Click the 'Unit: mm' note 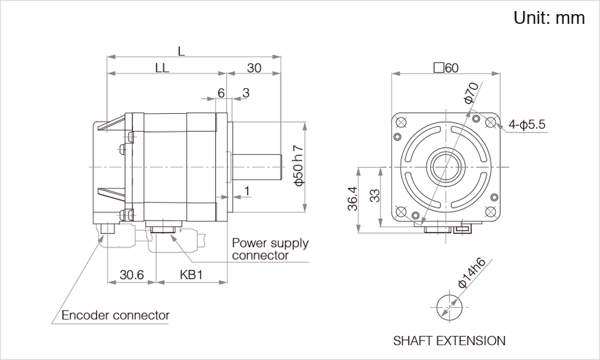pyautogui.click(x=549, y=18)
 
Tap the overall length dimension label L pyautogui.click(x=181, y=51)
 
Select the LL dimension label pyautogui.click(x=161, y=69)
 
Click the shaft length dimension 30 pyautogui.click(x=254, y=69)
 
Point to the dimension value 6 pyautogui.click(x=221, y=93)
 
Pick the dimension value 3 pyautogui.click(x=246, y=93)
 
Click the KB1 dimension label pyautogui.click(x=191, y=275)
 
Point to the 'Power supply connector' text pyautogui.click(x=269, y=249)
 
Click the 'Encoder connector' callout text pyautogui.click(x=115, y=315)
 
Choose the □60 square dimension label pyautogui.click(x=446, y=68)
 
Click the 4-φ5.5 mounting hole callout pyautogui.click(x=526, y=125)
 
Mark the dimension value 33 pyautogui.click(x=376, y=197)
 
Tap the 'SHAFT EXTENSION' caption pyautogui.click(x=449, y=340)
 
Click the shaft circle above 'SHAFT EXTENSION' pyautogui.click(x=448, y=304)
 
